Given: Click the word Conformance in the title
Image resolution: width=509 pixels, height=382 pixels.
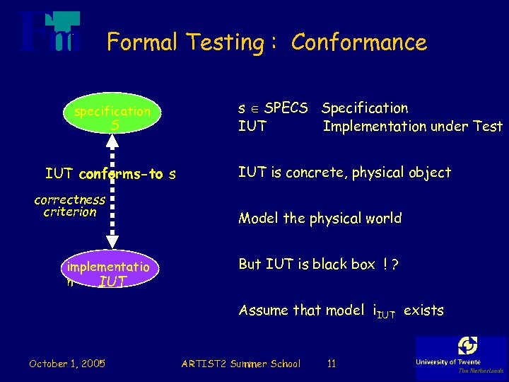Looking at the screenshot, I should (x=358, y=42).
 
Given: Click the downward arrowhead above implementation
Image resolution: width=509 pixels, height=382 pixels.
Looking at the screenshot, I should (x=112, y=250).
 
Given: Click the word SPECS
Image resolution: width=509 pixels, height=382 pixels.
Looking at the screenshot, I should (x=286, y=108).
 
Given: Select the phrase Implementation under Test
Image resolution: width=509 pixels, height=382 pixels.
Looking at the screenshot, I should (x=412, y=127).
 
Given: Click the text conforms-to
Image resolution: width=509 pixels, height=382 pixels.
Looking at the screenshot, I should (x=121, y=174).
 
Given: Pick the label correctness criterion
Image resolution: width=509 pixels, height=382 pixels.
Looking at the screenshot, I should (x=69, y=206).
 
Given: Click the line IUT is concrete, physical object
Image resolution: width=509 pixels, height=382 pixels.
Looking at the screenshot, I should (x=344, y=173).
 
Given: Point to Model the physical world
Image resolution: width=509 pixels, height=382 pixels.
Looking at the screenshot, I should (x=320, y=219).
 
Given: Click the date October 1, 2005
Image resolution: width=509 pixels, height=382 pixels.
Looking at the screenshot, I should (x=67, y=364).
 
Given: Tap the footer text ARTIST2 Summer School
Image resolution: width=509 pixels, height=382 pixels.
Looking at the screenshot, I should (x=240, y=364).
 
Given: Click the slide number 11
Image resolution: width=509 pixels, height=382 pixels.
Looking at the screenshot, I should (x=331, y=364).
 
